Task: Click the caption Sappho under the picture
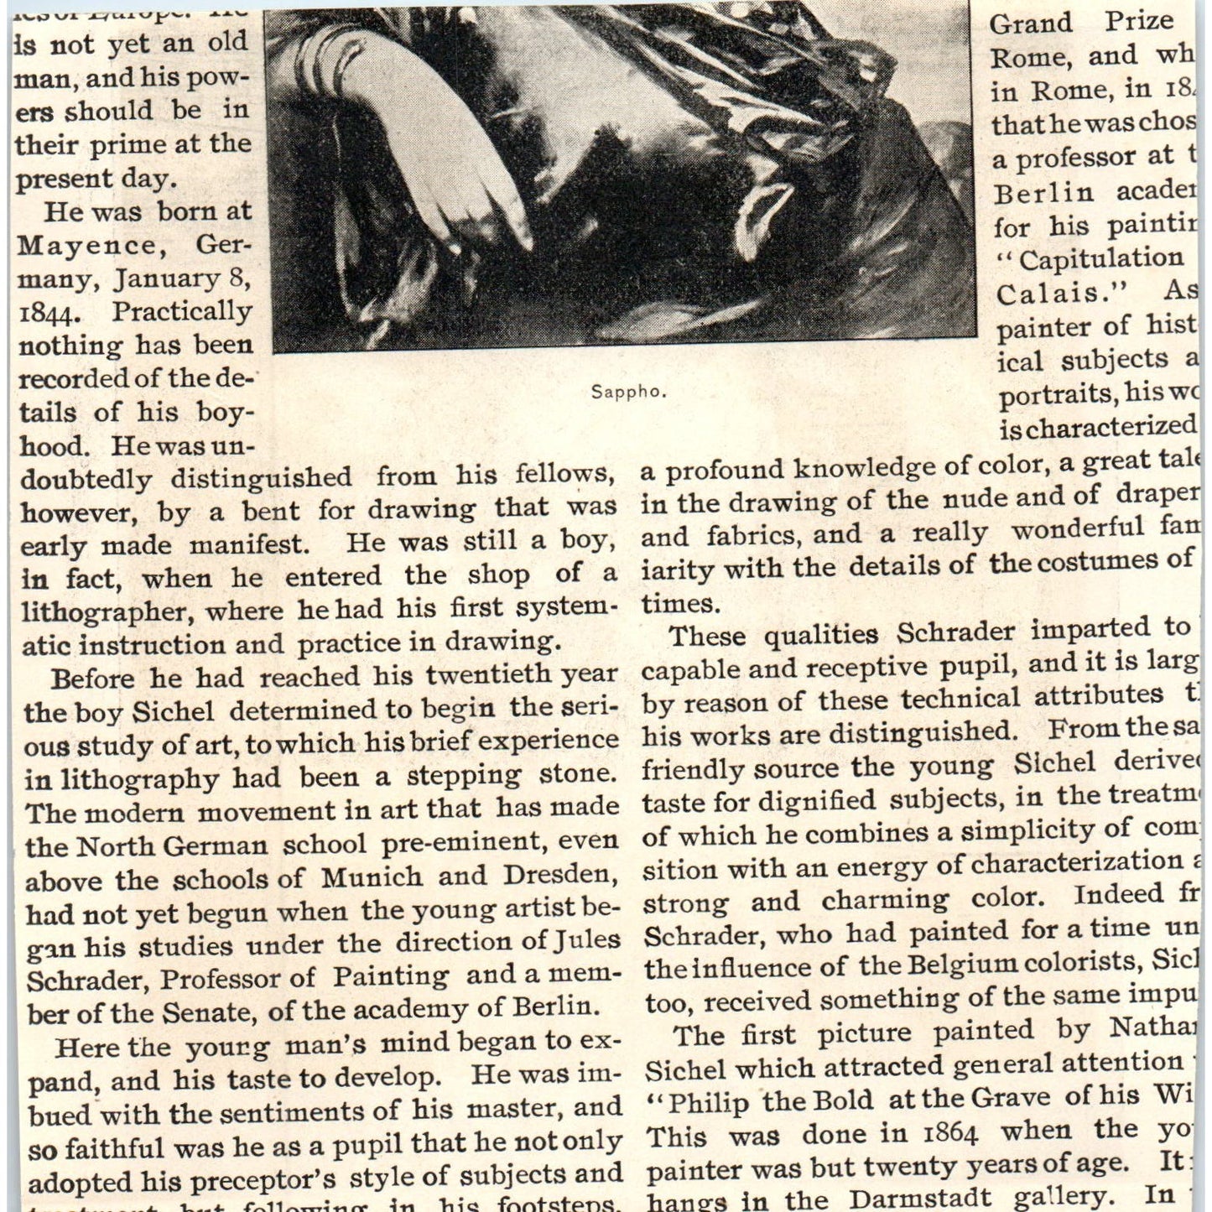pos(628,392)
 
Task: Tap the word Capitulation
pos(1100,259)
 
